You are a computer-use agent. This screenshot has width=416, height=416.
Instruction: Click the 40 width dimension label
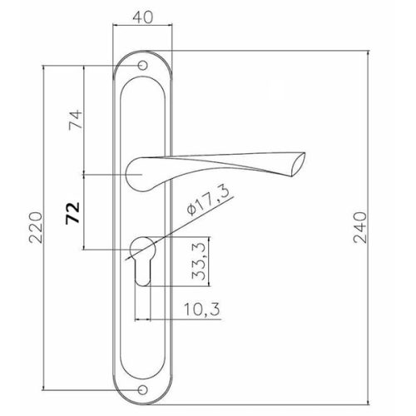click(142, 17)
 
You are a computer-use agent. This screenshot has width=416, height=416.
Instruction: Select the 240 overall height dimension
click(360, 227)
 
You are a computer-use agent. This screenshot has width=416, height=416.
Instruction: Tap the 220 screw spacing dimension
click(37, 227)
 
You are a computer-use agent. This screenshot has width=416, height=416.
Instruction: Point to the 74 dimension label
click(76, 119)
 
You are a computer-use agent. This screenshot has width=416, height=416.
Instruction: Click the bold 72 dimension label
click(72, 213)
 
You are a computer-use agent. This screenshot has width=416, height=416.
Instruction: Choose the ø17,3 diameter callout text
click(209, 201)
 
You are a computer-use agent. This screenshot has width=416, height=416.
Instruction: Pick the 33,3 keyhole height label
click(199, 260)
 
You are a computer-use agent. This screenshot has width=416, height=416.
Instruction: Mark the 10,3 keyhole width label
click(202, 310)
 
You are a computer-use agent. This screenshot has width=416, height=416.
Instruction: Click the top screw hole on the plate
click(142, 66)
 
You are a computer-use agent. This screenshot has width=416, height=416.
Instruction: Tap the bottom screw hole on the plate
click(142, 389)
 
